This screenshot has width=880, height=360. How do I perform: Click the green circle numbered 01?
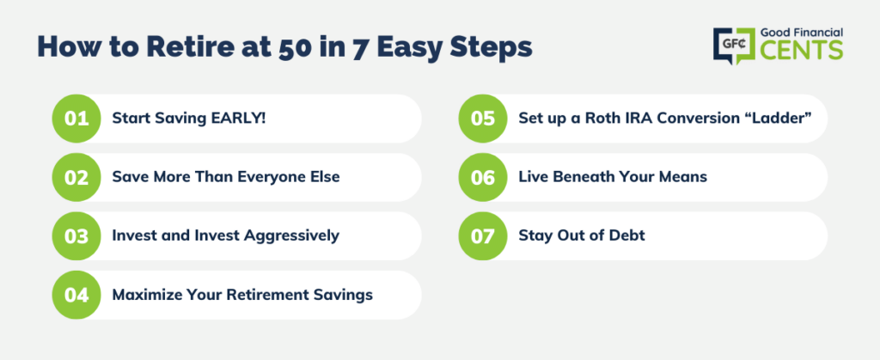click(76, 119)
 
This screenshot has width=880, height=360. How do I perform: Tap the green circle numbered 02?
click(76, 177)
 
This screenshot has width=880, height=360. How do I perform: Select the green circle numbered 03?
click(76, 236)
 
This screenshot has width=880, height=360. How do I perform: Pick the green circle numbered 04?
click(76, 295)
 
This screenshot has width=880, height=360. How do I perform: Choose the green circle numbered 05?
click(483, 119)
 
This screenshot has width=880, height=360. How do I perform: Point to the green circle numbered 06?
click(483, 177)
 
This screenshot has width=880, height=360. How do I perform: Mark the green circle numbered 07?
click(483, 236)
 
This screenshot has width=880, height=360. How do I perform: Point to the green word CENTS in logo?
click(802, 50)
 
